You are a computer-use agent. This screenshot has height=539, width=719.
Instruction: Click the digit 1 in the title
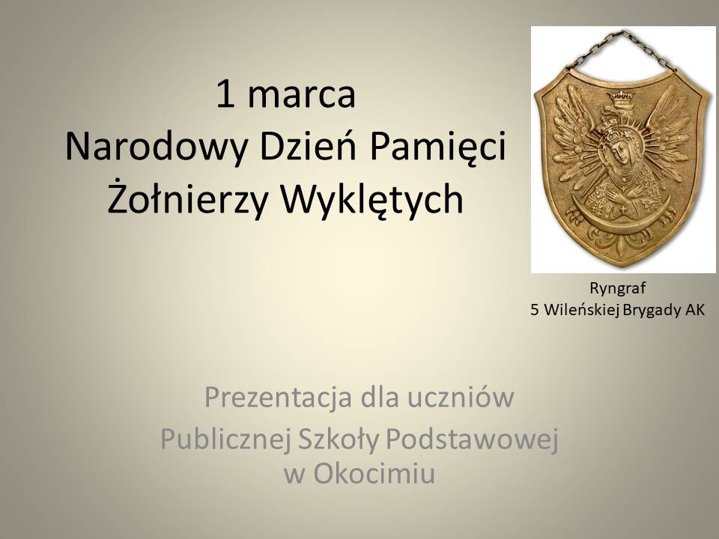click(225, 94)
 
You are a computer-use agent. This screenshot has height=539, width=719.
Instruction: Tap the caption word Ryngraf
click(617, 289)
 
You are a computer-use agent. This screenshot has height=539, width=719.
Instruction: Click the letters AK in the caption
click(695, 310)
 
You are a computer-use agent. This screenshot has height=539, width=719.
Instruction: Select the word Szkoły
click(339, 439)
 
